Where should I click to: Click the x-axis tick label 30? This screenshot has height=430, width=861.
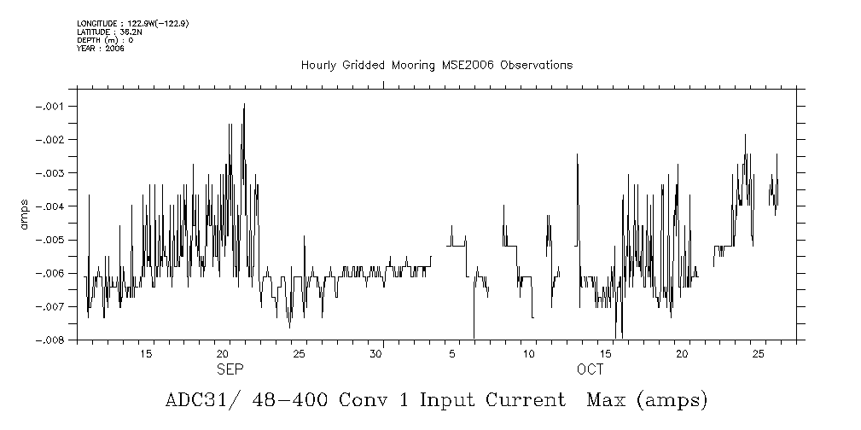[375, 353]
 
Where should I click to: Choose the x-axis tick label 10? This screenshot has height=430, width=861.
[529, 353]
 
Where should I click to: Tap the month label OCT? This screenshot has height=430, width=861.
[590, 369]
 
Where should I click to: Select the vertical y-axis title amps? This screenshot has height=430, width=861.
[25, 213]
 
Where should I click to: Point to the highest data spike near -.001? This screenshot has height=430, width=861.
[244, 105]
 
